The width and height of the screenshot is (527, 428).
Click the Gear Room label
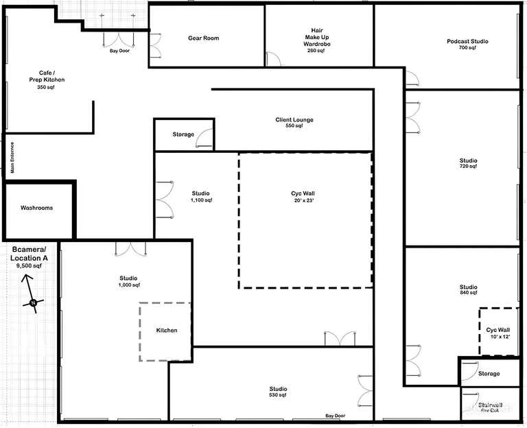pyautogui.click(x=203, y=38)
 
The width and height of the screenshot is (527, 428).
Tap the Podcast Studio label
pyautogui.click(x=467, y=45)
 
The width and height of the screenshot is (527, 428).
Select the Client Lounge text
pyautogui.click(x=294, y=123)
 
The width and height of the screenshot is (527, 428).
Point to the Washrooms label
pyautogui.click(x=36, y=208)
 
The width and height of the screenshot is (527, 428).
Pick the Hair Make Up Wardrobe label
pyautogui.click(x=316, y=40)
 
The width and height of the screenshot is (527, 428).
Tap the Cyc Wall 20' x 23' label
pyautogui.click(x=303, y=197)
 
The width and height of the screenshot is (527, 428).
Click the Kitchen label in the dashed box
pyautogui.click(x=167, y=330)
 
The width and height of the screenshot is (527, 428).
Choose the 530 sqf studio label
pyautogui.click(x=278, y=393)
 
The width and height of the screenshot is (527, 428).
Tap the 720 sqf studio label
pyautogui.click(x=469, y=164)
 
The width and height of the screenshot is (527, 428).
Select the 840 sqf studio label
pyautogui.click(x=469, y=290)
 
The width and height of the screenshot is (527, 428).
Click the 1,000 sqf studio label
pyautogui.click(x=129, y=281)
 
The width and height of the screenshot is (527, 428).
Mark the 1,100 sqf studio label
pyautogui.click(x=201, y=197)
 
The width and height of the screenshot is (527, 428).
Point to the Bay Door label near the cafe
pyautogui.click(x=119, y=50)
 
